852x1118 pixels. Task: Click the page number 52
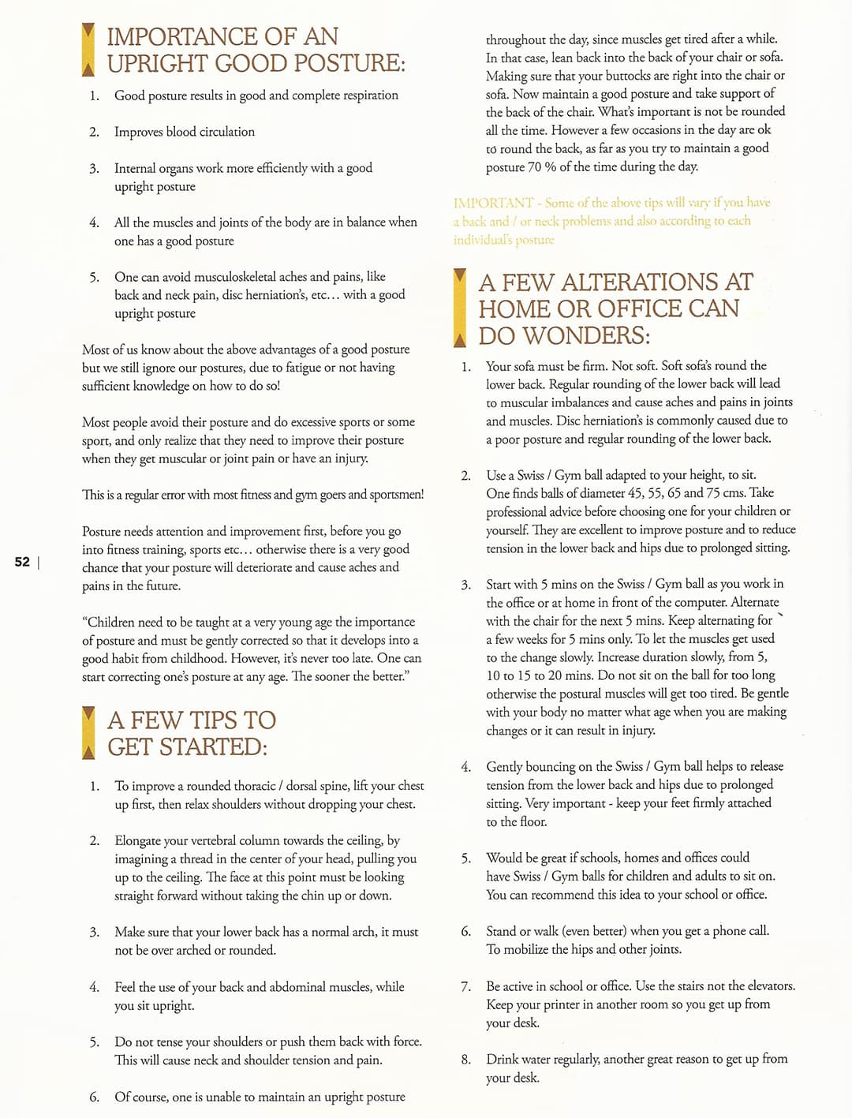pos(22,562)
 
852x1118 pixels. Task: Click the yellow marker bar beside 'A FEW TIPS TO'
pos(88,733)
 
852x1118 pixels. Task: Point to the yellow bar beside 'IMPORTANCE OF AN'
pos(88,50)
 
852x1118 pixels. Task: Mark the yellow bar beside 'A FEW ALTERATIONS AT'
pos(460,308)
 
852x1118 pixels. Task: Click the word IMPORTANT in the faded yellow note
pos(493,203)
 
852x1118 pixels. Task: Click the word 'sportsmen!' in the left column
pos(394,495)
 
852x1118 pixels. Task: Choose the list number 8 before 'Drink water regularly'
pos(465,1060)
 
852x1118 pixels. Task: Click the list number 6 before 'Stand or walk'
pos(465,931)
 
